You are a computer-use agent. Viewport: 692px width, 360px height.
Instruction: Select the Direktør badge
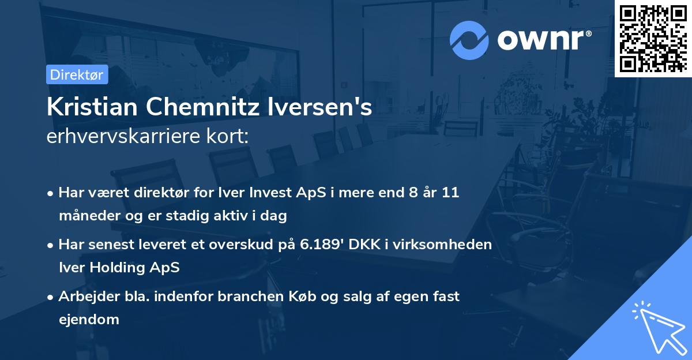[x=77, y=74]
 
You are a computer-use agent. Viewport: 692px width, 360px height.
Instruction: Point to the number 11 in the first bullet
[x=450, y=193]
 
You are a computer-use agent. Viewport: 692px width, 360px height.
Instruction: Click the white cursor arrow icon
[x=658, y=328]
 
